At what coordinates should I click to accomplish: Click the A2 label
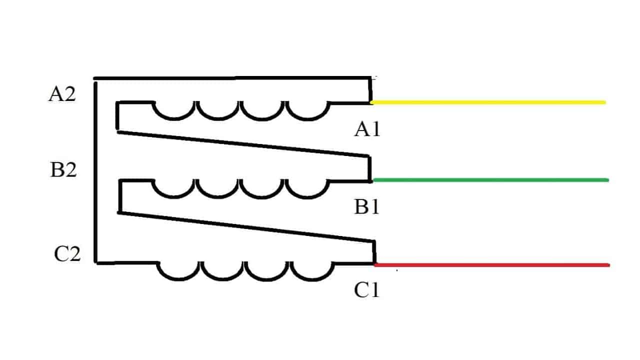[62, 94]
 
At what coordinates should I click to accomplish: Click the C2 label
[67, 253]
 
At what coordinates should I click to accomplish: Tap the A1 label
[367, 129]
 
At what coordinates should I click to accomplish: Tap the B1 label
[367, 206]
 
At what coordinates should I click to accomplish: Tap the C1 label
[367, 290]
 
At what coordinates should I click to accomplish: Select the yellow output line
[488, 102]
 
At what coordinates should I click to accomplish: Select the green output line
[491, 180]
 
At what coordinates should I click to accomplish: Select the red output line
[492, 265]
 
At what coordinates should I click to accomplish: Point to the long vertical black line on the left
[95, 171]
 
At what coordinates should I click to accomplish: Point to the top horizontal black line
[232, 78]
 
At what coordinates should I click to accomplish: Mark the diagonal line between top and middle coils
[243, 144]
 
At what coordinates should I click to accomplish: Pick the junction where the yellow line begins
[371, 102]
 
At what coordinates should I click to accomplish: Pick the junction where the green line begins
[371, 180]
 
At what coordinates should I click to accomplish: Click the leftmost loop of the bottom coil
[178, 278]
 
